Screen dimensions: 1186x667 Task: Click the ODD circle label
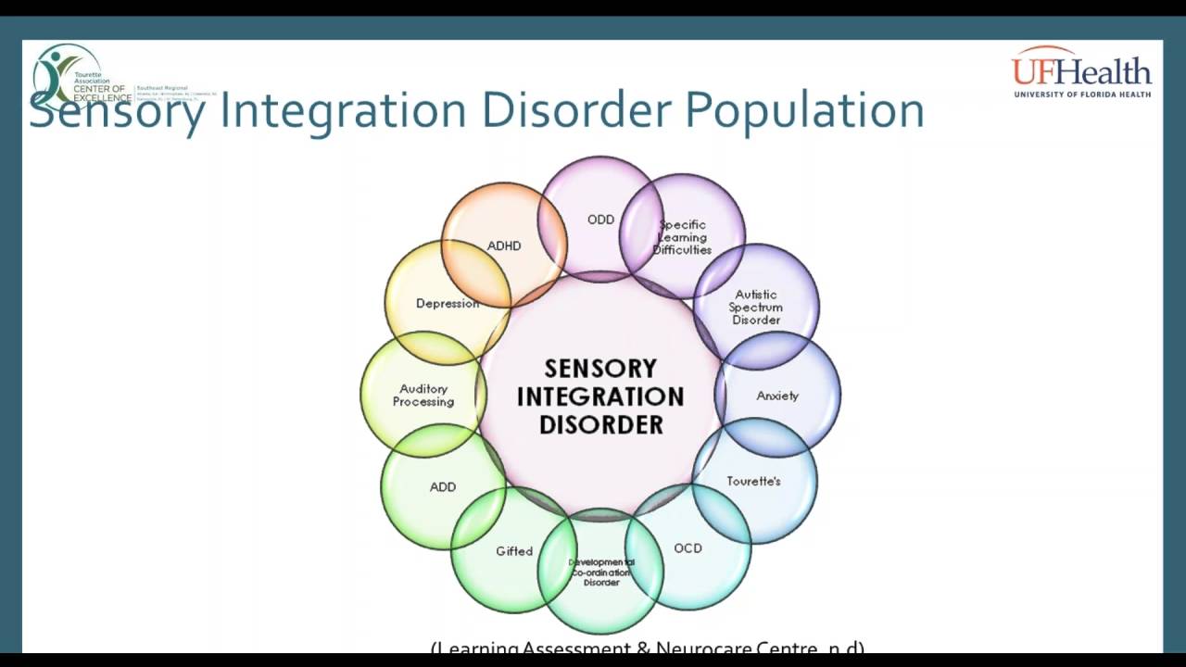pyautogui.click(x=600, y=220)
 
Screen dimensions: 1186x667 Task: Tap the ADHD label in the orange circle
pyautogui.click(x=504, y=245)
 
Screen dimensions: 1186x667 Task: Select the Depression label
pyautogui.click(x=448, y=303)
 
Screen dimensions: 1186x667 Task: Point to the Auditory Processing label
pyautogui.click(x=423, y=396)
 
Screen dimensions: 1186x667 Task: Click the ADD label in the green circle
pyautogui.click(x=443, y=486)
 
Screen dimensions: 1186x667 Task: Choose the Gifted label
pyautogui.click(x=514, y=551)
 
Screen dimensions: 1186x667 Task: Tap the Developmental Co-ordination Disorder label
pyautogui.click(x=601, y=573)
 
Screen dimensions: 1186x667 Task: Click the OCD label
pyautogui.click(x=688, y=548)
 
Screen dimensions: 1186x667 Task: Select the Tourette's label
pyautogui.click(x=753, y=482)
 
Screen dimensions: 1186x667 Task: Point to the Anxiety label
pyautogui.click(x=777, y=396)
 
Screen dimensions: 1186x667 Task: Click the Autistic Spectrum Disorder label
pyautogui.click(x=756, y=308)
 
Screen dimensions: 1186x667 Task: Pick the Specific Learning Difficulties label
pyautogui.click(x=682, y=237)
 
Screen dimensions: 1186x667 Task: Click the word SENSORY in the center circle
pyautogui.click(x=600, y=369)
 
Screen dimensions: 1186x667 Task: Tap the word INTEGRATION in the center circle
pyautogui.click(x=600, y=396)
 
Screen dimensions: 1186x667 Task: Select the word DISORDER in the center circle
pyautogui.click(x=600, y=425)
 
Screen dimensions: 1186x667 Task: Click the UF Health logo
pyautogui.click(x=1081, y=72)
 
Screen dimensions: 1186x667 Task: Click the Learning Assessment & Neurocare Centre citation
pyautogui.click(x=648, y=648)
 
